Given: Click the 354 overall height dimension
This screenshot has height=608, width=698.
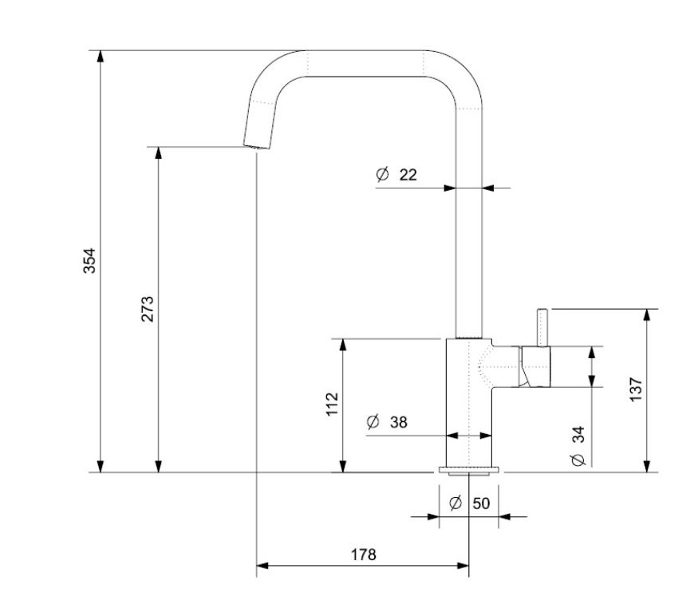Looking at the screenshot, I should (x=90, y=261).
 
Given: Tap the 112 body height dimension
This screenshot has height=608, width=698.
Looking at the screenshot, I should (x=333, y=404).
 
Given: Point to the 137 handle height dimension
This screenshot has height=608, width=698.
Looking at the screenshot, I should (x=636, y=389).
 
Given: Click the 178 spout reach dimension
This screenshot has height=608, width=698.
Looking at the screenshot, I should (x=363, y=555).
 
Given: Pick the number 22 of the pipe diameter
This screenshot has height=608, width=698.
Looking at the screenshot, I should (x=408, y=174).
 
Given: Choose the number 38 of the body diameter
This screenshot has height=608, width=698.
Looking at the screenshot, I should (x=398, y=422).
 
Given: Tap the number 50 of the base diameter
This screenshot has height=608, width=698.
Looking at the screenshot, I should (x=481, y=503).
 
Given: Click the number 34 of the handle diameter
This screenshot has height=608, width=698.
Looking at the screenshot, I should (x=578, y=434).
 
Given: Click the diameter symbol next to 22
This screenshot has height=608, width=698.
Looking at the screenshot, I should (x=382, y=174).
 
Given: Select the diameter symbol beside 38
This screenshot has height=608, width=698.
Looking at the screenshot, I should (x=373, y=422).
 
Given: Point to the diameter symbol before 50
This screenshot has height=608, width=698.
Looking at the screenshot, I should (x=455, y=503).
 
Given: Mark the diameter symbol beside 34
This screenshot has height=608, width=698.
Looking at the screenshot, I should (x=578, y=460).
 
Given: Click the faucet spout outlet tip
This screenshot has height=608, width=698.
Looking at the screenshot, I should (x=255, y=146).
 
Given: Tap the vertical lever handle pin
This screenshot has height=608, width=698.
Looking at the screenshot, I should (x=543, y=327).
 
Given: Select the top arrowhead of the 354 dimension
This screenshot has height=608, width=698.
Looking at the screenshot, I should (x=101, y=56).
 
